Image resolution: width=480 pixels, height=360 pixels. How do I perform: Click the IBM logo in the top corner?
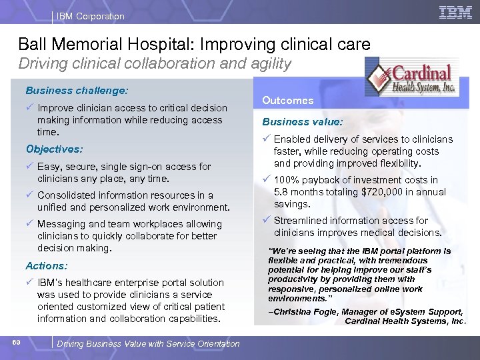click(455, 12)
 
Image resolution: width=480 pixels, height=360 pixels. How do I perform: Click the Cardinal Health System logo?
click(411, 79)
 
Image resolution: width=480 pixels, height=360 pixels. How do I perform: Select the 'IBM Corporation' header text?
click(91, 16)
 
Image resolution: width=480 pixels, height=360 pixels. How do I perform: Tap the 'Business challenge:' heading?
click(77, 89)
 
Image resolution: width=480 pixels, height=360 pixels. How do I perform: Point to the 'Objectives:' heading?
click(54, 149)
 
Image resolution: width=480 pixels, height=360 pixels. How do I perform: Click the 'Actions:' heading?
click(47, 265)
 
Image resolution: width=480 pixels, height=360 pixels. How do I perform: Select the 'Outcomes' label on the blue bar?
click(287, 100)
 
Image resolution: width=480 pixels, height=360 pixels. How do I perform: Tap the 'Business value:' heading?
click(303, 122)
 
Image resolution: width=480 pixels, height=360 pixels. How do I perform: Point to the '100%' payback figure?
click(287, 180)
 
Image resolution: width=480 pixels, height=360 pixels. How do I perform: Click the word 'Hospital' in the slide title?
click(163, 45)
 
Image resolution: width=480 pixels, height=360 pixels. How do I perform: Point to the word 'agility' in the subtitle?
click(267, 64)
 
